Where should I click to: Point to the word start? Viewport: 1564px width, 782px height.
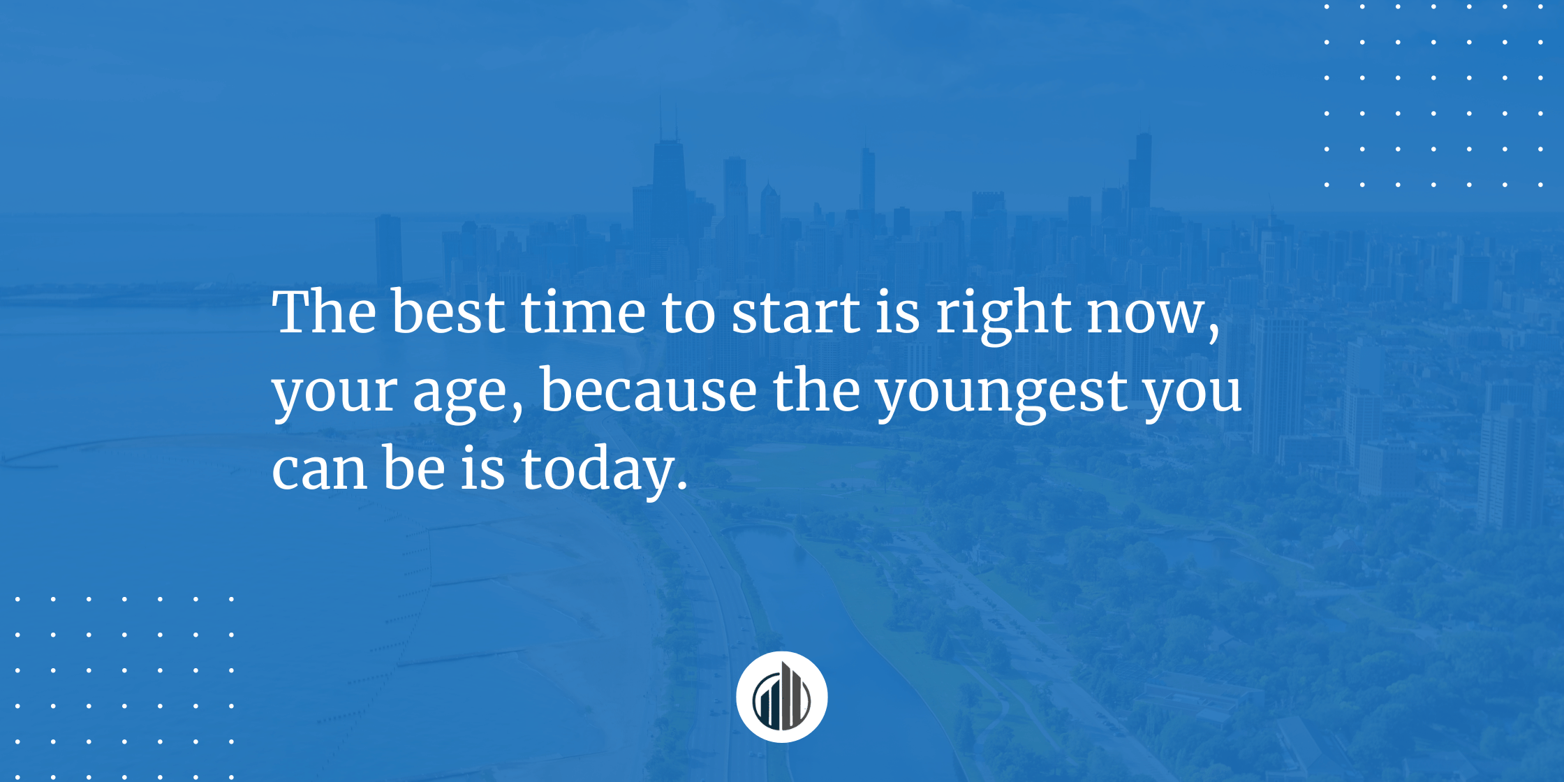tap(796, 312)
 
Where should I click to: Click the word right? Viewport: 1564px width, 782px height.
tap(1003, 315)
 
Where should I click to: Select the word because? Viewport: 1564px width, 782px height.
tap(649, 390)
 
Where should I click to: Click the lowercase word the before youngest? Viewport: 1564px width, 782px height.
tap(816, 390)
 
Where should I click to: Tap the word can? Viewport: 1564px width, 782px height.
tap(320, 470)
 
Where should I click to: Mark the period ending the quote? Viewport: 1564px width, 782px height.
tap(682, 486)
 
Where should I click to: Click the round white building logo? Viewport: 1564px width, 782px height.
tap(782, 697)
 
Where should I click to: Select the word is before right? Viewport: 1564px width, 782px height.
tap(898, 312)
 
